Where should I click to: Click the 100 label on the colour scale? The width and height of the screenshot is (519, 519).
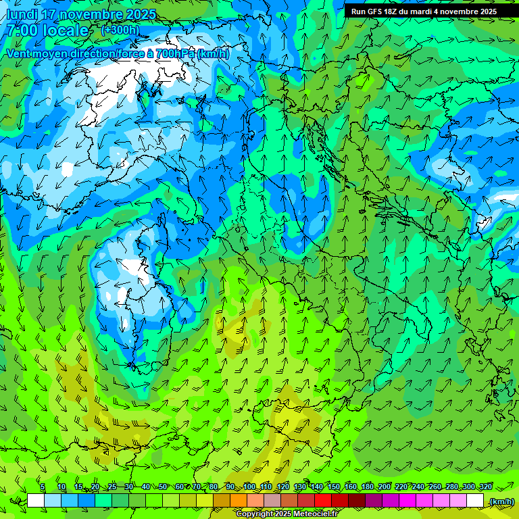[249, 487]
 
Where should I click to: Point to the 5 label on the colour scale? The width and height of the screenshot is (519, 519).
[43, 487]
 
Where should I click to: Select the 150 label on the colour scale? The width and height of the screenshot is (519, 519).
[334, 487]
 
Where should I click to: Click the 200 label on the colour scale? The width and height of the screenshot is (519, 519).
[385, 487]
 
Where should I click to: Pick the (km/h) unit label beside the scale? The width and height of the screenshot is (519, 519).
[501, 501]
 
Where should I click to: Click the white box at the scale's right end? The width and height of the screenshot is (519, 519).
[475, 501]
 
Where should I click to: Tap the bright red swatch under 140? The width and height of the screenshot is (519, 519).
[323, 501]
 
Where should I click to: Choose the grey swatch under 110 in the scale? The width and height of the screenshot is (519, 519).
[272, 501]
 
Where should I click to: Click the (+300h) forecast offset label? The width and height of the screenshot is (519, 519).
[120, 30]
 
